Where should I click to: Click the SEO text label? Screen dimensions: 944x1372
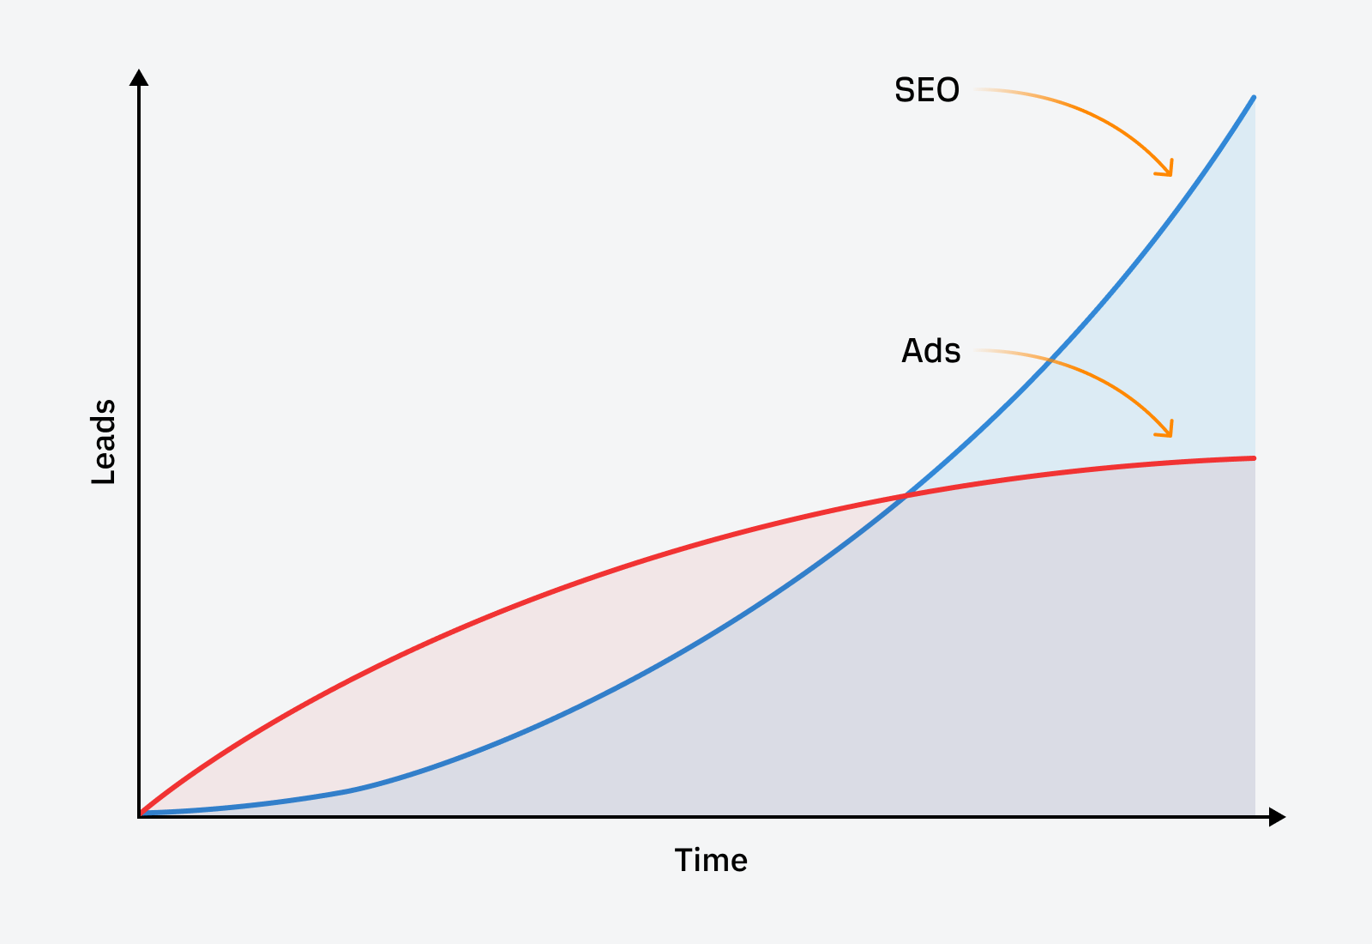pos(926,90)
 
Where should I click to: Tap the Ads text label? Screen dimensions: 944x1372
pos(930,351)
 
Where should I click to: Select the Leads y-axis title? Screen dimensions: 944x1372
pos(104,442)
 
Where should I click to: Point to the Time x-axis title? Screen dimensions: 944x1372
pos(711,860)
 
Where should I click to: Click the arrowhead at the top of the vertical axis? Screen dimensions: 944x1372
pos(139,77)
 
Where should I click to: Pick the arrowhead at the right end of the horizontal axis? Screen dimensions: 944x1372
pos(1277,817)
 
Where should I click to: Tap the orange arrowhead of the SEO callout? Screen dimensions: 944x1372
pos(1166,170)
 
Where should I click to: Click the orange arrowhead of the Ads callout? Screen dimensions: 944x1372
pos(1166,431)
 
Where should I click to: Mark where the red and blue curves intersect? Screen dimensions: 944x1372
pos(906,495)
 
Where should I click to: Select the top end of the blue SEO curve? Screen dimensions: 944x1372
pos(1254,98)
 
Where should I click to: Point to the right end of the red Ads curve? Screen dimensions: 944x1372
pos(1254,458)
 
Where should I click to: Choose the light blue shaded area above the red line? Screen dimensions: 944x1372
pos(1183,360)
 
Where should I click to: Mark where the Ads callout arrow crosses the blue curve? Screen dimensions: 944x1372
pos(1048,361)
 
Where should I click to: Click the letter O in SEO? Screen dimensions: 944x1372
pos(947,90)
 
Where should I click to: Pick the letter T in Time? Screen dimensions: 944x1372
pos(683,860)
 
